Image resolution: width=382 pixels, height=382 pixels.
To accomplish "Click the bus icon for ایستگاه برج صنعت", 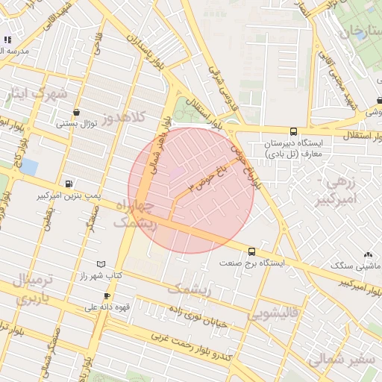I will [x=251, y=251].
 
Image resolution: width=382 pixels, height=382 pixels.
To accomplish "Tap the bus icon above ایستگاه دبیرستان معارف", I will [x=292, y=131].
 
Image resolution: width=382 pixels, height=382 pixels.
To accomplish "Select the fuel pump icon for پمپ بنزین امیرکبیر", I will [x=69, y=184].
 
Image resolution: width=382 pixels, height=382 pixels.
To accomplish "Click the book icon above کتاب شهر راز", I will [x=101, y=264].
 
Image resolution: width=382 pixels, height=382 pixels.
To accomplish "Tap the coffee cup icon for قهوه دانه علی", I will [x=107, y=295].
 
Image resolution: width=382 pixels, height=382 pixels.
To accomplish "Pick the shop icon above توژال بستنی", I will [x=76, y=113].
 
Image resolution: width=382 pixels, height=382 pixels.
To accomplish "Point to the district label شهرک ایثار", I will [x=36, y=94].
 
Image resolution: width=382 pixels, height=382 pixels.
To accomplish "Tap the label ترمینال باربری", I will [x=32, y=290].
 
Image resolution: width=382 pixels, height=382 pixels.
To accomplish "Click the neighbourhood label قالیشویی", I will [x=274, y=313].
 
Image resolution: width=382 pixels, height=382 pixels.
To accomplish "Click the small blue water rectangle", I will [x=29, y=166].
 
